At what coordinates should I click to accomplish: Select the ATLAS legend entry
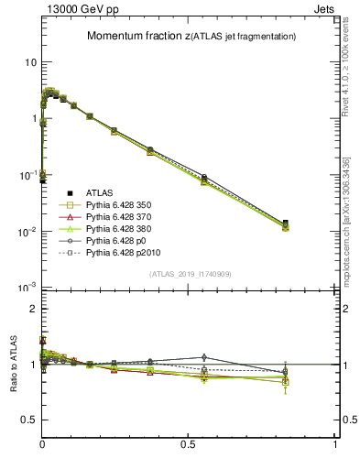[x=101, y=192]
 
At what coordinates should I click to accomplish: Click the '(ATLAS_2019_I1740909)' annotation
[x=191, y=274]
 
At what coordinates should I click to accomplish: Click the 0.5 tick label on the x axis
[x=189, y=443]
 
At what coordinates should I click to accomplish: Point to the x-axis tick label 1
[x=335, y=443]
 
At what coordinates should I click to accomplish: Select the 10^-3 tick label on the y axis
[x=27, y=288]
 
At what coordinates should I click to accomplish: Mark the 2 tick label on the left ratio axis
[x=33, y=309]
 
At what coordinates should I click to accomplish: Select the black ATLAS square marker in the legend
[x=69, y=192]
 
